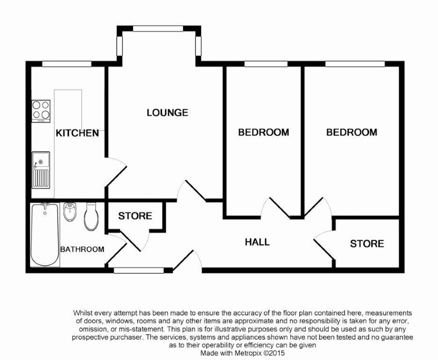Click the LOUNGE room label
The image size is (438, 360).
[x=167, y=112]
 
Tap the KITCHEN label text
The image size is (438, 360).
[x=77, y=133]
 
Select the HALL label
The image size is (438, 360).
[x=257, y=242]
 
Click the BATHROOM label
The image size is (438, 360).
[x=82, y=249]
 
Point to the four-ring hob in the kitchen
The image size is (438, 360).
[x=41, y=111]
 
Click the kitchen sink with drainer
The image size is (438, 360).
[x=41, y=171]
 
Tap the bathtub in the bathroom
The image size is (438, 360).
[x=45, y=235]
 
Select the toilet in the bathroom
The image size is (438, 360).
[x=91, y=217]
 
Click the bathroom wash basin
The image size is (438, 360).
[x=69, y=212]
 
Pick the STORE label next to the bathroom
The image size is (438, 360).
[x=135, y=216]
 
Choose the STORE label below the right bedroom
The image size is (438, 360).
[x=367, y=244]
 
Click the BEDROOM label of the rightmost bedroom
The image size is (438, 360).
[x=352, y=132]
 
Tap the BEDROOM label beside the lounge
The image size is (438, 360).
[x=263, y=132]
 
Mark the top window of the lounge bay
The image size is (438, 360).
[x=158, y=29]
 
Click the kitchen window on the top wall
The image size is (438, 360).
[x=67, y=64]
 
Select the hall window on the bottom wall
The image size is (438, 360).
[x=139, y=270]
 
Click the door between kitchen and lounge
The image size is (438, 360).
[x=116, y=172]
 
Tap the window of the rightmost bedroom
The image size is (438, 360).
[x=355, y=64]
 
